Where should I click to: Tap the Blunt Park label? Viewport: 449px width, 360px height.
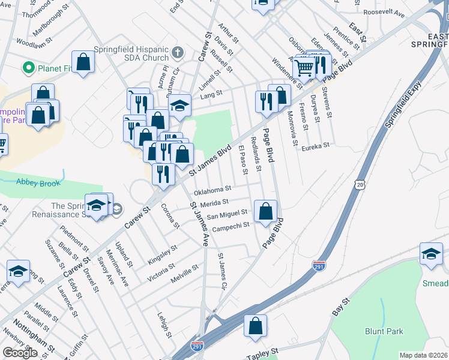click(384, 331)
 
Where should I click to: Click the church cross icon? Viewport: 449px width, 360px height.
click(177, 52)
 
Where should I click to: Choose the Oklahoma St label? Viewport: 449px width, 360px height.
click(212, 191)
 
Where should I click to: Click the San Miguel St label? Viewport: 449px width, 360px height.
click(227, 214)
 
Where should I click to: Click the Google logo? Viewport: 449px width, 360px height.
click(20, 353)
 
